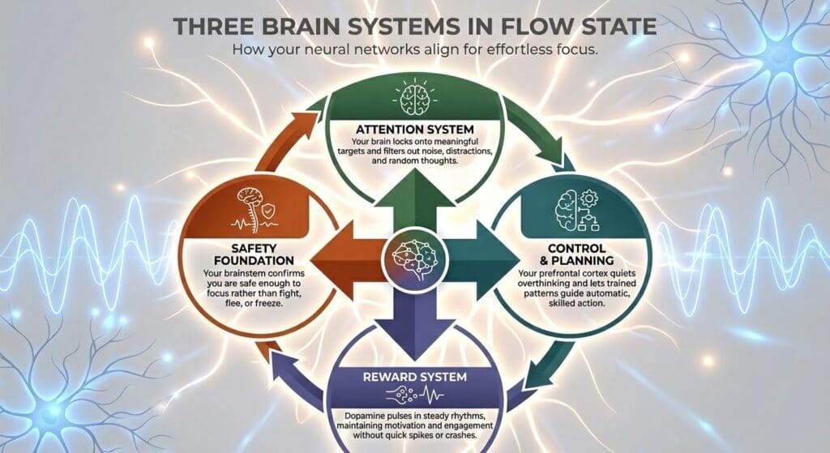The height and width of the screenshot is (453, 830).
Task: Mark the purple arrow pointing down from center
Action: (x=415, y=321)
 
